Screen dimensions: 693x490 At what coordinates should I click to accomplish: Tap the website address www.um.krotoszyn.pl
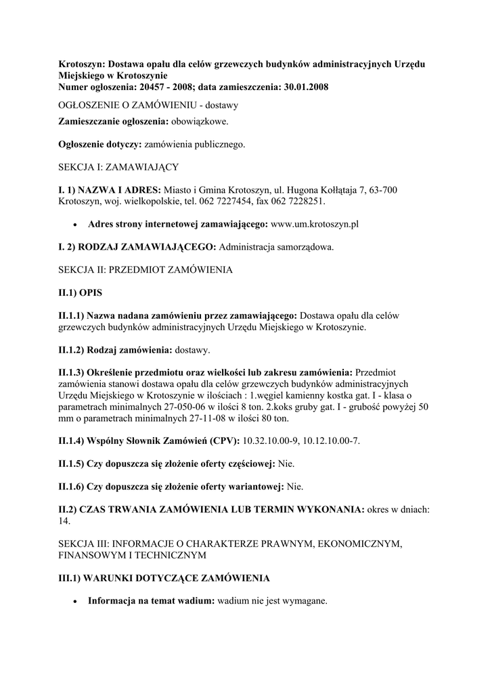point(314,224)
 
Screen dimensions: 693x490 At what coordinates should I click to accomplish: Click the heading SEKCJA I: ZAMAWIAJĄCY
point(118,166)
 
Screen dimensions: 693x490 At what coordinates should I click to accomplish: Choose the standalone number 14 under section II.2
point(64,521)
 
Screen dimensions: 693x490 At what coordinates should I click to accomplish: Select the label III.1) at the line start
point(70,578)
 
